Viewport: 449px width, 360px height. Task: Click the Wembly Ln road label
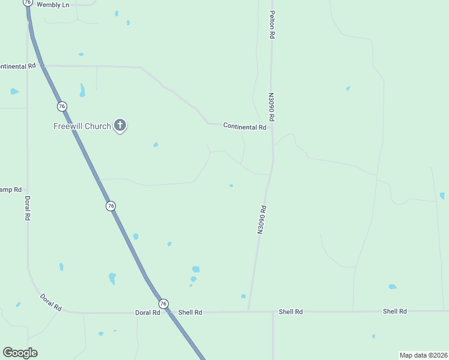(53, 4)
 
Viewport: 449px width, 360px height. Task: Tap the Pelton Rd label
(272, 25)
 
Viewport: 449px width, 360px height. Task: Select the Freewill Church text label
(82, 126)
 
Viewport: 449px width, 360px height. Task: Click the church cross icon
(120, 125)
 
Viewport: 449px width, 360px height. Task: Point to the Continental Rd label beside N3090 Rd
(244, 127)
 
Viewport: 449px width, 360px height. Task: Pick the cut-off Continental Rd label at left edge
(18, 65)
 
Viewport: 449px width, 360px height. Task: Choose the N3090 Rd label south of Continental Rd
(261, 220)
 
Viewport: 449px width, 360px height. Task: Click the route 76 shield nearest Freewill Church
(62, 106)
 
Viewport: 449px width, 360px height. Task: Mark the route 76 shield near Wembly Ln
(28, 2)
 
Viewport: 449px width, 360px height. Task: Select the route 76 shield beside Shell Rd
(163, 304)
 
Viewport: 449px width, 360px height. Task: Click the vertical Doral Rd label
(27, 208)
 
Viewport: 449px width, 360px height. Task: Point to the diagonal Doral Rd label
(51, 302)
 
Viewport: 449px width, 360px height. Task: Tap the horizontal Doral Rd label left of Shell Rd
(147, 313)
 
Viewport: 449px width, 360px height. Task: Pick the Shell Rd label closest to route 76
(190, 313)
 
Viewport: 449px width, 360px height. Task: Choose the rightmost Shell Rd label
(395, 311)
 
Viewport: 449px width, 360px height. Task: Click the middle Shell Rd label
(291, 312)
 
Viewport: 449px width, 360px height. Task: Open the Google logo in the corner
(20, 353)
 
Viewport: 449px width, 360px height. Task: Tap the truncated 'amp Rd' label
(11, 189)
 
